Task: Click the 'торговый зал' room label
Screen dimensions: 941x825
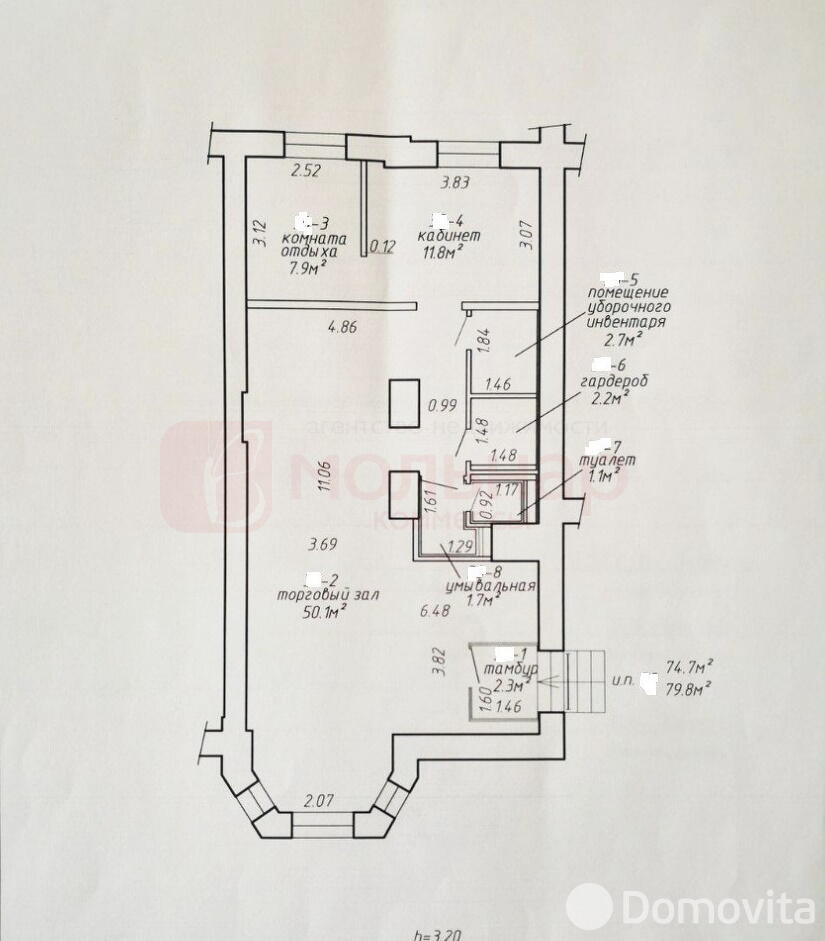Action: (318, 596)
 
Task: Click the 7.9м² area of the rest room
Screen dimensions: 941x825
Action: (312, 268)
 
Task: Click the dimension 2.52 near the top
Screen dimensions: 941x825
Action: (305, 171)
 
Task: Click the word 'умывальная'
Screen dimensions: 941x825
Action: (491, 586)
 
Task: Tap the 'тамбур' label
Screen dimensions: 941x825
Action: (510, 668)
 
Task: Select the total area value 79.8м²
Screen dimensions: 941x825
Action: (688, 687)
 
